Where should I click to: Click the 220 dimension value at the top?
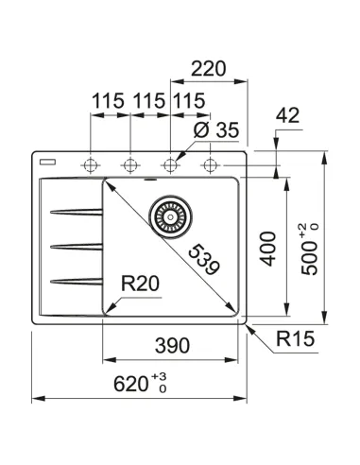tap(210, 69)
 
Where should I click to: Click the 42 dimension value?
tap(289, 115)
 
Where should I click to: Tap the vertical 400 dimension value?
tap(267, 247)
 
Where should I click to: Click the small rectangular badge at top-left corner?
tap(48, 160)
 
